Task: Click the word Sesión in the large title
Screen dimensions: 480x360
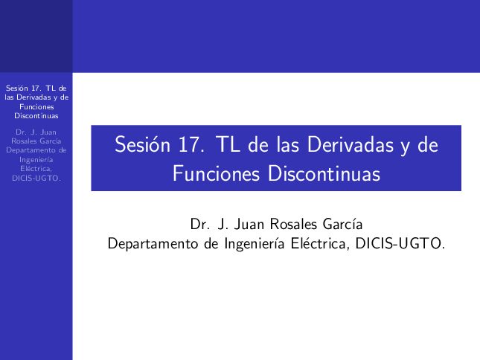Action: click(142, 144)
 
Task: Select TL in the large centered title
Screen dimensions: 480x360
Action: click(228, 144)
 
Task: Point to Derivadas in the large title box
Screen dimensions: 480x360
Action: click(351, 144)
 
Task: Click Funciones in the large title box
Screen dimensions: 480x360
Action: click(216, 174)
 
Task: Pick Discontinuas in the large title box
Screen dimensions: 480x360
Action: click(324, 174)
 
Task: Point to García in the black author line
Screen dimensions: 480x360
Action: click(343, 224)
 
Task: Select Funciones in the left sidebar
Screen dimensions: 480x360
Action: click(36, 107)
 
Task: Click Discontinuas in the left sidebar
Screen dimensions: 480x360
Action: click(36, 116)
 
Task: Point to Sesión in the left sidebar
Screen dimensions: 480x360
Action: click(17, 88)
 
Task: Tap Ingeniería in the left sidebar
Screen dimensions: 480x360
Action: click(36, 160)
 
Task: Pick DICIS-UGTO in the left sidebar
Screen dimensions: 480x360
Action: click(36, 178)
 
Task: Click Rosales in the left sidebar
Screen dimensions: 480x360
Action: click(22, 141)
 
